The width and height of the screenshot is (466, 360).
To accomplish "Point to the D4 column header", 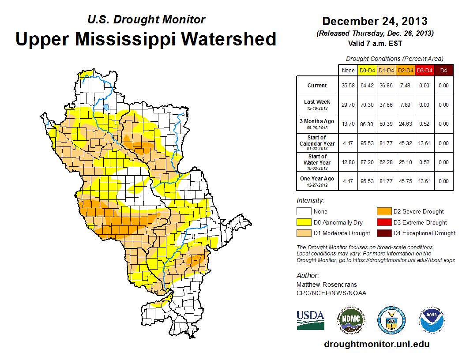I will click(x=443, y=70).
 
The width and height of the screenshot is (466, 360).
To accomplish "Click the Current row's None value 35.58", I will click(x=348, y=86).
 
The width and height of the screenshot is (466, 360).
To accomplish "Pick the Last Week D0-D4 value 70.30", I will click(x=368, y=105).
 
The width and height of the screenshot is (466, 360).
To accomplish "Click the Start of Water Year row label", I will click(x=317, y=162).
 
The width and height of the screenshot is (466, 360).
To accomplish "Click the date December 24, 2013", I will click(x=375, y=21).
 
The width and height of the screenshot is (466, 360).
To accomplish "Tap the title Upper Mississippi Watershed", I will click(x=146, y=39).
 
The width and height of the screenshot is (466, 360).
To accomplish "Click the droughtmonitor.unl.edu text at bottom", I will click(x=376, y=344).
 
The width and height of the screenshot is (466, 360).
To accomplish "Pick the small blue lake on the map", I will click(x=106, y=107).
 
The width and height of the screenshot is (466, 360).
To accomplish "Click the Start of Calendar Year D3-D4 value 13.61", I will click(x=424, y=143).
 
